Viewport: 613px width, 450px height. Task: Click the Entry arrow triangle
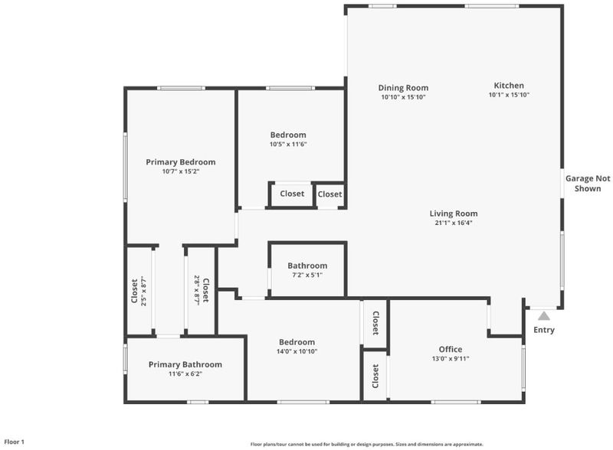point(544,316)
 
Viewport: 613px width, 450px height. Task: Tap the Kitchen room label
point(509,86)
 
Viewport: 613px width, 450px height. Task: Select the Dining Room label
point(403,88)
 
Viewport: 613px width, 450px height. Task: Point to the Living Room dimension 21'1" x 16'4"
point(454,223)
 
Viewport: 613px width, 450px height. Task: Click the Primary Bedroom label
point(181,162)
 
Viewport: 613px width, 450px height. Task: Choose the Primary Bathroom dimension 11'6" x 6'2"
point(185,373)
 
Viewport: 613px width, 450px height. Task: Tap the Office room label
point(451,349)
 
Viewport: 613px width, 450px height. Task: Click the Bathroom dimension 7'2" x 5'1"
point(307,275)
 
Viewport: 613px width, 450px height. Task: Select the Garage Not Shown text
point(588,184)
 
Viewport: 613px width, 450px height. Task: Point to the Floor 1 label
point(15,442)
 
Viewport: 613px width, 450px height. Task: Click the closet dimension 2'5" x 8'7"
point(143,291)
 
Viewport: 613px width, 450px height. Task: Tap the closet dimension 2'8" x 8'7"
point(197,290)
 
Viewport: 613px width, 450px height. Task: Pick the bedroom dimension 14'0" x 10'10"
point(297,351)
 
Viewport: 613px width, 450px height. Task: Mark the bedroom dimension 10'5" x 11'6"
point(288,145)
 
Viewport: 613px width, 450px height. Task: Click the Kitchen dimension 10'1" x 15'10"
point(509,95)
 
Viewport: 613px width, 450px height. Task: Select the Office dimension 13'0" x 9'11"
point(451,359)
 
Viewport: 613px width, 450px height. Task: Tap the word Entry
point(544,330)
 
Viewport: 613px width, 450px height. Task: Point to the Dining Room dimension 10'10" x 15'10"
point(403,97)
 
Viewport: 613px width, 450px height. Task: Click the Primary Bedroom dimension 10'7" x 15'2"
point(181,171)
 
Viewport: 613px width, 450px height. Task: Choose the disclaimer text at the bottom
point(367,444)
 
